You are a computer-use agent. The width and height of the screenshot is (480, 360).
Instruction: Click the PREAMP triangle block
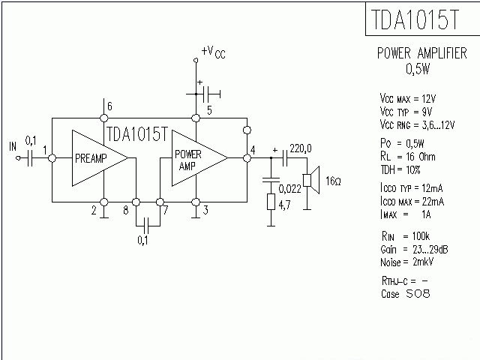click(x=96, y=157)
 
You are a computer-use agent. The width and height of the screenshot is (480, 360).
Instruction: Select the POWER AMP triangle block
click(x=195, y=157)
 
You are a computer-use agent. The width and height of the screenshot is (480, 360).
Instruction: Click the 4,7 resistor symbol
click(x=270, y=202)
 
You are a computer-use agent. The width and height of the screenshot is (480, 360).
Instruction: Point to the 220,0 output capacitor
click(x=286, y=158)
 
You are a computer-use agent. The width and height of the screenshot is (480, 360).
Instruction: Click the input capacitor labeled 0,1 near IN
click(x=30, y=157)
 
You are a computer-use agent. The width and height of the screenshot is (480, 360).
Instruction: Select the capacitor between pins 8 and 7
click(x=148, y=223)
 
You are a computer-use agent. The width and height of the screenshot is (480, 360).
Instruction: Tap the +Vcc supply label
click(x=212, y=52)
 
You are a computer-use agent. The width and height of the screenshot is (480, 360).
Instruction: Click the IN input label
click(x=12, y=145)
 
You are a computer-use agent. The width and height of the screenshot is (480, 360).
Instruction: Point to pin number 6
click(x=109, y=105)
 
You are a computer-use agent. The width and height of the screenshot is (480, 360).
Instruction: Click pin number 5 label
click(x=209, y=110)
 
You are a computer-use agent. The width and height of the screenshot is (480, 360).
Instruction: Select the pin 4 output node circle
click(x=247, y=158)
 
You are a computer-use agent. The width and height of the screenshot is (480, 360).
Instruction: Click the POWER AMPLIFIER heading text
click(x=421, y=54)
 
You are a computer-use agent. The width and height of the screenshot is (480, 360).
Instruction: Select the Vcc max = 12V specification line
click(x=408, y=98)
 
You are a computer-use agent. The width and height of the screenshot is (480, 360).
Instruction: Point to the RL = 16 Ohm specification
click(x=408, y=155)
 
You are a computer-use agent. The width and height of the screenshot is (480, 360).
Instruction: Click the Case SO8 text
click(x=405, y=294)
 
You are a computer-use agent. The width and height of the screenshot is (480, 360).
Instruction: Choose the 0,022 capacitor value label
click(x=290, y=188)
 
